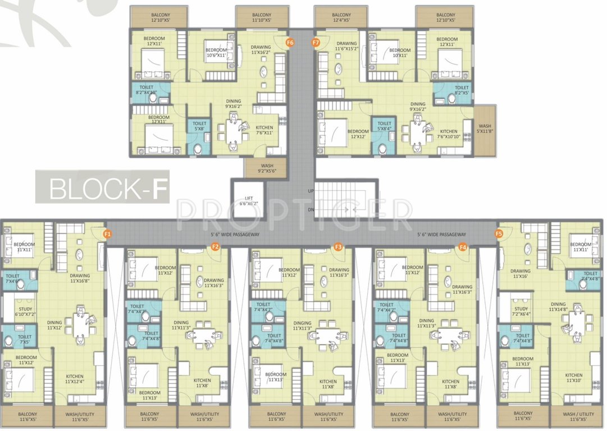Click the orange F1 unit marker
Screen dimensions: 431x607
click(x=107, y=233)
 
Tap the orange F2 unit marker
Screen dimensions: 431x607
click(x=214, y=247)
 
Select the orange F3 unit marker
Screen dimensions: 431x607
click(x=338, y=247)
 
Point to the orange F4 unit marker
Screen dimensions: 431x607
click(x=463, y=247)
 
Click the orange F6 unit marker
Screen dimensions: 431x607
click(x=290, y=42)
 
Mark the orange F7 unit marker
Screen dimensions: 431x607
click(x=316, y=42)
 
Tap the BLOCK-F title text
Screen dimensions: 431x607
click(x=109, y=189)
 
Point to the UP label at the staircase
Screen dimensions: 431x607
click(x=311, y=191)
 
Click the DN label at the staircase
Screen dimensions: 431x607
click(x=311, y=209)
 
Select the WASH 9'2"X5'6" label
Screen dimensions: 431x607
click(x=266, y=168)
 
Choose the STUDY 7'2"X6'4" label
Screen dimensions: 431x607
click(x=521, y=311)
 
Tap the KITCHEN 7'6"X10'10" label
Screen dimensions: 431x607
click(x=449, y=134)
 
